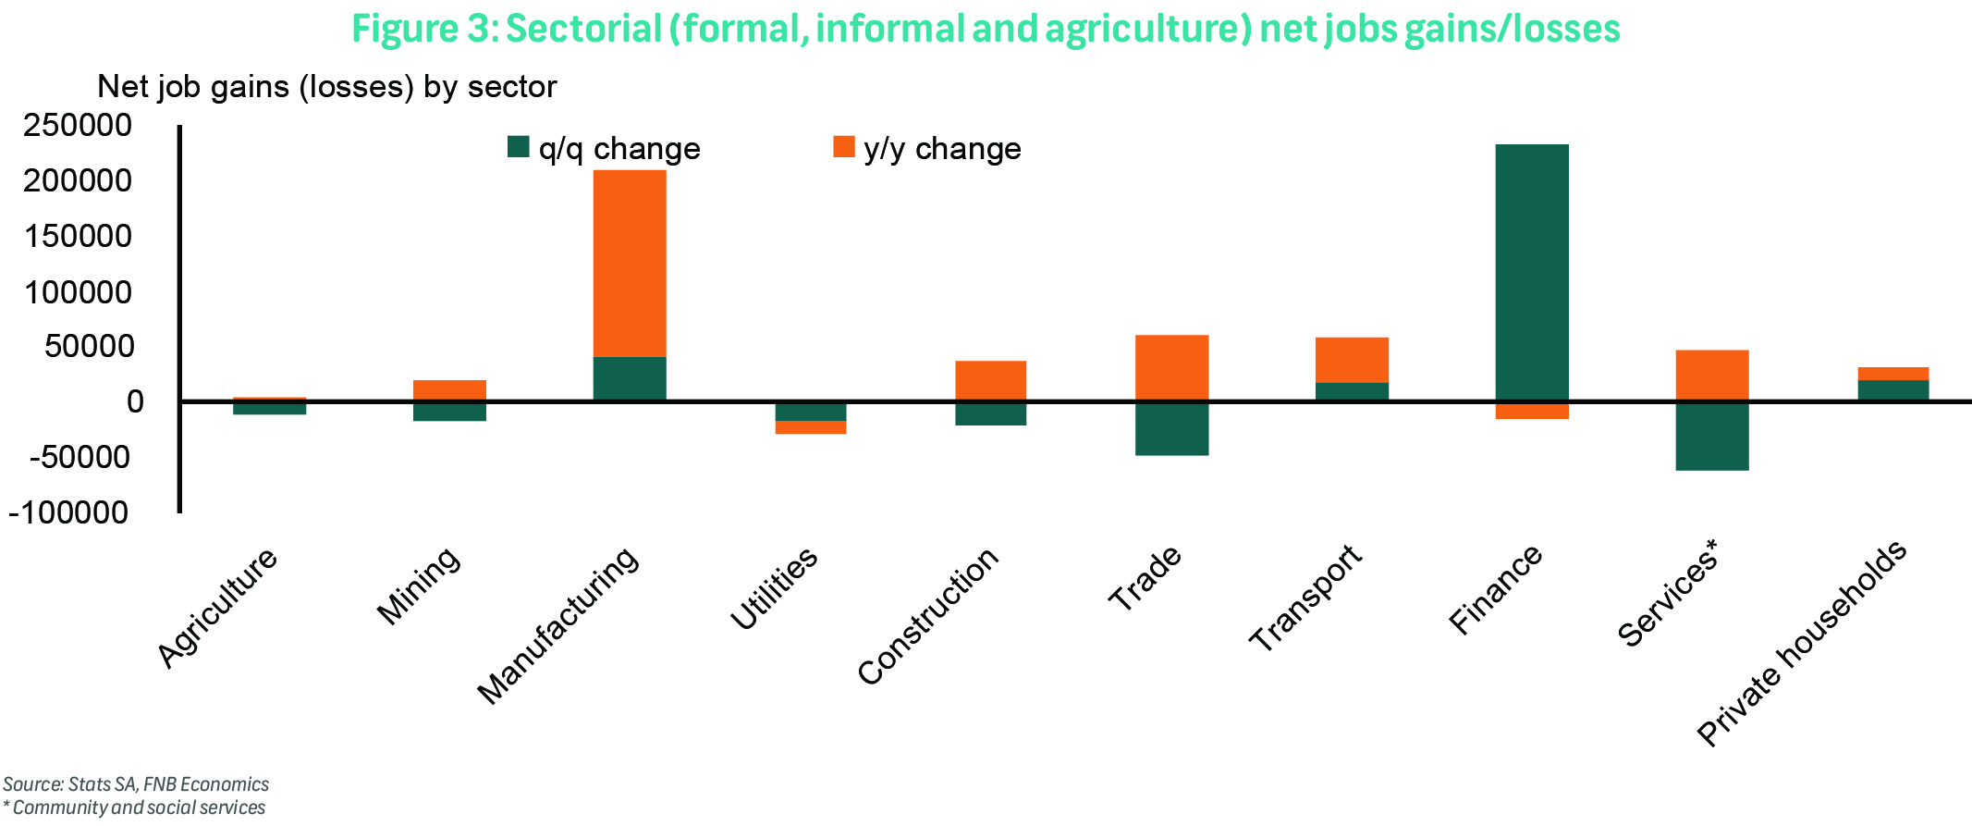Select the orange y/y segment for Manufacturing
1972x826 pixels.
629,263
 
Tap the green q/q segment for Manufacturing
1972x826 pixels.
629,378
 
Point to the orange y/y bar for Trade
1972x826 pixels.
1171,367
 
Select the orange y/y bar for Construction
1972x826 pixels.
990,380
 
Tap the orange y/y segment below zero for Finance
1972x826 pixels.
1531,411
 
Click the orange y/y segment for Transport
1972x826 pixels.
1352,360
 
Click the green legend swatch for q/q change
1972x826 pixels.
518,147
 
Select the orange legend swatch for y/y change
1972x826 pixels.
843,147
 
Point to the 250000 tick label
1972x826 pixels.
78,125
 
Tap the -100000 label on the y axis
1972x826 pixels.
68,512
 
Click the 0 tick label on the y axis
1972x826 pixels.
136,401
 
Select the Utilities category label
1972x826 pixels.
774,589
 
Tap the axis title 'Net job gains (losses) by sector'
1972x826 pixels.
326,87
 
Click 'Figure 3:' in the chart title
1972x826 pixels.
424,29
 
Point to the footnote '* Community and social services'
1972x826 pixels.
134,808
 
